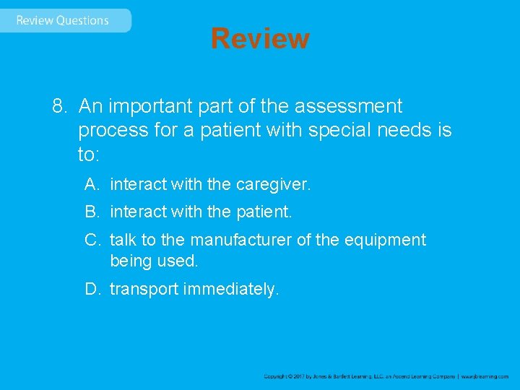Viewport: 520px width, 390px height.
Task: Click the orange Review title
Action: tap(260, 38)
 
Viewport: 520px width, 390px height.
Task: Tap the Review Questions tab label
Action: tap(62, 20)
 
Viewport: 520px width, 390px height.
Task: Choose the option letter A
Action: tap(91, 185)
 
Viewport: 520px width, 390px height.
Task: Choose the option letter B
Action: tap(91, 212)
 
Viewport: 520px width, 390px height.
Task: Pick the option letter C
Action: tap(91, 240)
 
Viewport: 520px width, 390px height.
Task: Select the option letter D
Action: tap(91, 290)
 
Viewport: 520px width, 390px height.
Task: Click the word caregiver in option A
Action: tap(272, 185)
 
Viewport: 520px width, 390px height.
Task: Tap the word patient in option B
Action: tap(264, 212)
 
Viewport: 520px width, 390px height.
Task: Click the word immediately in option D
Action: tap(230, 290)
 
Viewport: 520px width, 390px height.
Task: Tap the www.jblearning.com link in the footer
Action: tap(486, 376)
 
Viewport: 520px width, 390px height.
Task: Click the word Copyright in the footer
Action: tap(277, 376)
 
